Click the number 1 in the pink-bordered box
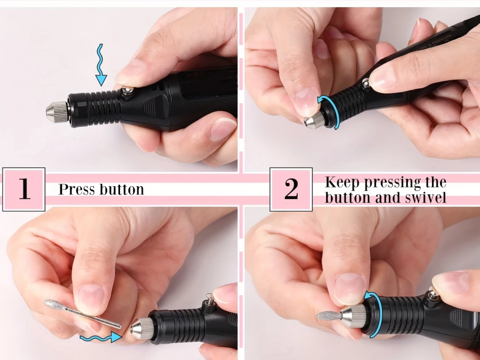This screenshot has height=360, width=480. tap(24, 189)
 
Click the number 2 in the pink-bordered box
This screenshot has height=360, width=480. tap(291, 189)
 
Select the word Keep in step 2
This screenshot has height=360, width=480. tap(343, 182)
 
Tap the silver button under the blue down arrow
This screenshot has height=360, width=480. tap(128, 91)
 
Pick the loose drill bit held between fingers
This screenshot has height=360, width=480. tap(82, 314)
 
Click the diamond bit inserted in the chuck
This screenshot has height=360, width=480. tap(329, 315)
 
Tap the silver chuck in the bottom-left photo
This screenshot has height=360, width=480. tap(142, 328)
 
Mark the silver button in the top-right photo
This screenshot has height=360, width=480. tap(365, 84)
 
